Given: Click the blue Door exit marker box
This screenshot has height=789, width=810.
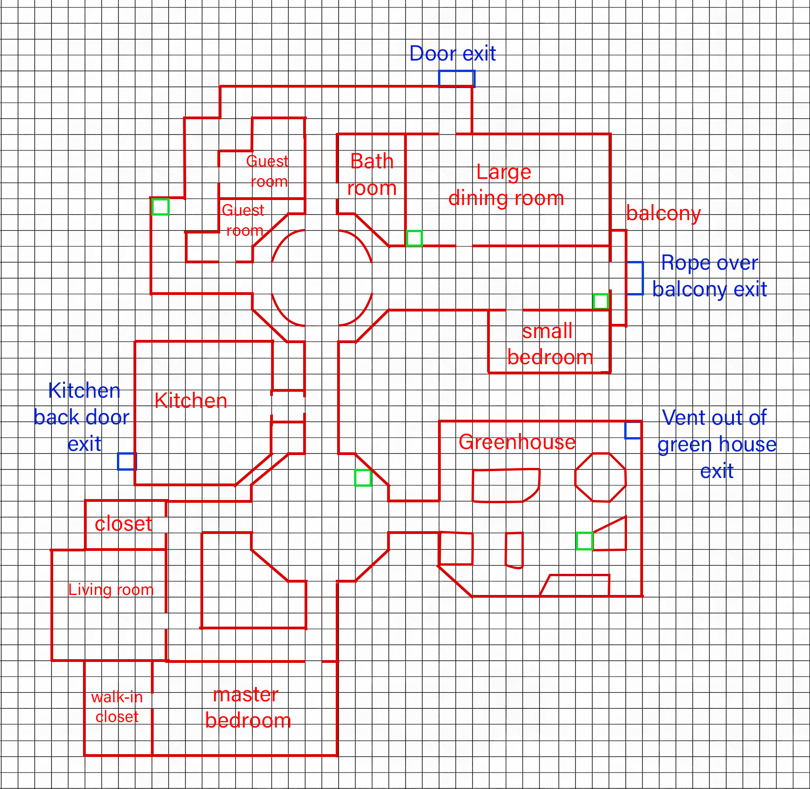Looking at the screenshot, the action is pos(456,78).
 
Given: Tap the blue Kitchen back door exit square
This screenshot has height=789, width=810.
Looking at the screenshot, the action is pos(126,461).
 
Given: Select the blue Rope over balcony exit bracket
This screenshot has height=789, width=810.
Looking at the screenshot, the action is pos(635,278).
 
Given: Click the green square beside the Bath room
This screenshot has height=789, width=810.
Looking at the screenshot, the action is pos(414,238).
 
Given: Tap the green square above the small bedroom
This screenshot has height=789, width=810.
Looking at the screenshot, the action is pos(600,301).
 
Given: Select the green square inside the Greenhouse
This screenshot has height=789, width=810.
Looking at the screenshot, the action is pos(584,541).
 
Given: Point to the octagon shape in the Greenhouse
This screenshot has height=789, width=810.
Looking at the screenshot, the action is pos(600,477).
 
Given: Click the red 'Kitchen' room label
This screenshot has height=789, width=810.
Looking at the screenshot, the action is pos(191,400).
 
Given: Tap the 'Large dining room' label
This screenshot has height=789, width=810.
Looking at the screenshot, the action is pos(506,185).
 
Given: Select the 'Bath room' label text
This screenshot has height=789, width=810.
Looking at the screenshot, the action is pos(372,175).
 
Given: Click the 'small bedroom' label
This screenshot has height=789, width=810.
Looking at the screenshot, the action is pos(549,344).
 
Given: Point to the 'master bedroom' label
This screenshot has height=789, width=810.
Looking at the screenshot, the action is pos(248,707).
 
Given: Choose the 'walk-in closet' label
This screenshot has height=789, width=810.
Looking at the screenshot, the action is pos(117,707).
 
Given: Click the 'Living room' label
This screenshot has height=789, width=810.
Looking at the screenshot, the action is pos(111,589).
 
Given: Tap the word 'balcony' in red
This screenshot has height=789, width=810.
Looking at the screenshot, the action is pos(663,213).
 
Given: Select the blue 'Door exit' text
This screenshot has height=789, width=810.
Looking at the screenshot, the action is pos(452,54).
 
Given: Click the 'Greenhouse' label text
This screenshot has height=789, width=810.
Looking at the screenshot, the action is pos(517,442).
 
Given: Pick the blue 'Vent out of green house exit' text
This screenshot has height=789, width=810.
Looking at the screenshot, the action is pos(716,444).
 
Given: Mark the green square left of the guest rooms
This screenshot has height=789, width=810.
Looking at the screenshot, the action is pos(160,206).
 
